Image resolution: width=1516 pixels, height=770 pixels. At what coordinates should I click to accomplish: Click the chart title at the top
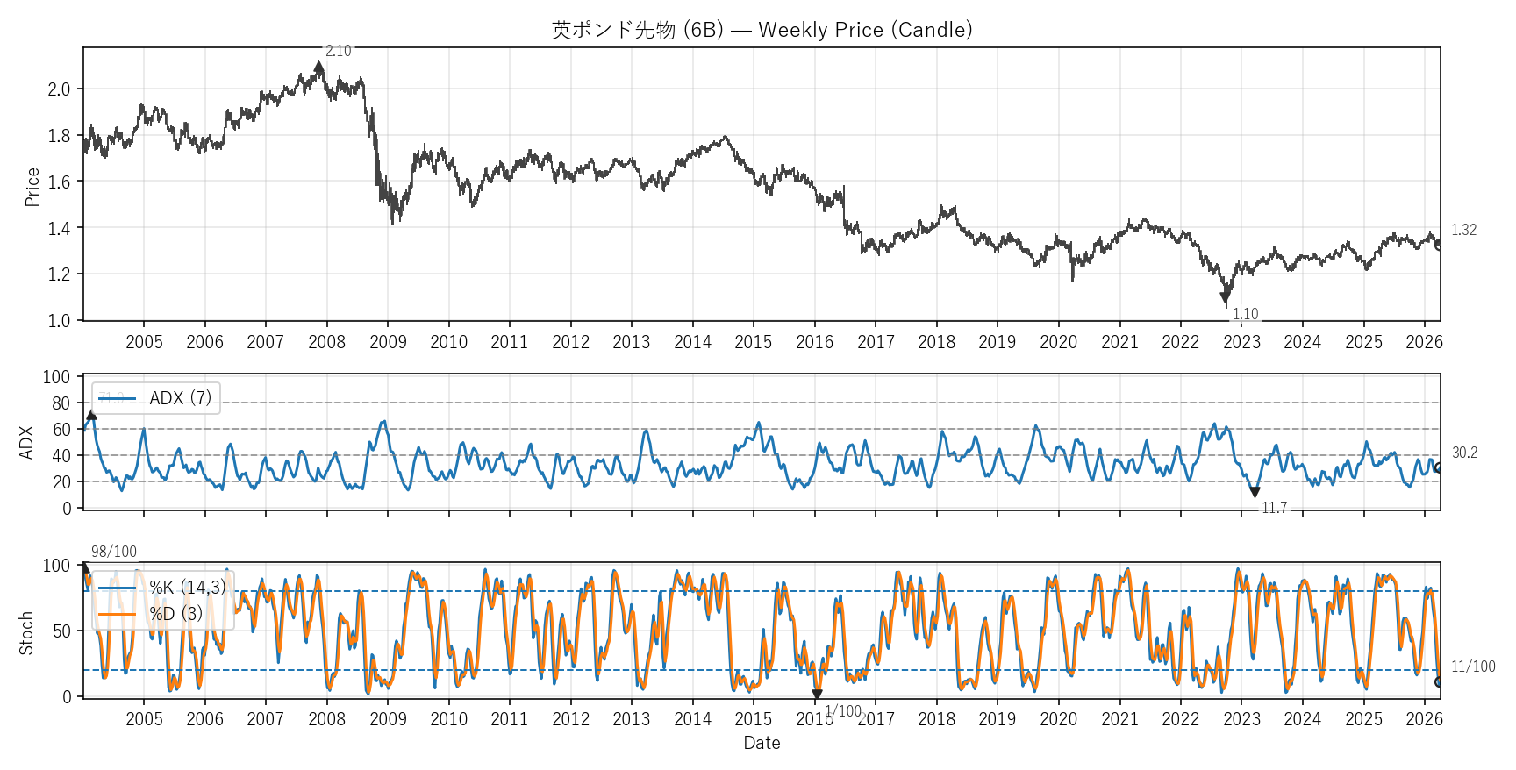click(x=762, y=30)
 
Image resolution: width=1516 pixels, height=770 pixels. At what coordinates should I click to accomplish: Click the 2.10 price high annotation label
click(x=338, y=52)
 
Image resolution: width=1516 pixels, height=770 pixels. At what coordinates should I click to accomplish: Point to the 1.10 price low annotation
click(x=1245, y=314)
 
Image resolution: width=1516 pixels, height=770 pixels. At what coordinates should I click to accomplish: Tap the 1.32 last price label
click(x=1463, y=230)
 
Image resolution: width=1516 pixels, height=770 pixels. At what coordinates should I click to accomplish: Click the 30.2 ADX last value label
click(x=1464, y=453)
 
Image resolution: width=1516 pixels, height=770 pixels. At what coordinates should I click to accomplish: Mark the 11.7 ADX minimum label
click(x=1274, y=508)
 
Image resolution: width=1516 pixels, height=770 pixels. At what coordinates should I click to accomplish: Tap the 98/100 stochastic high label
click(x=114, y=552)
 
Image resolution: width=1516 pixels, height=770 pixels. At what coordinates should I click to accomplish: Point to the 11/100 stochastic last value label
click(x=1473, y=667)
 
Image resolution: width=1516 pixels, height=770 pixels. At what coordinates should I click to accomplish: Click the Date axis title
click(x=762, y=743)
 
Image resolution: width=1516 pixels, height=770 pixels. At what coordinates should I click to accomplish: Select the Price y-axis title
click(x=32, y=187)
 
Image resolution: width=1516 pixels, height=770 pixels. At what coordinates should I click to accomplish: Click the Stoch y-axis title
click(x=26, y=633)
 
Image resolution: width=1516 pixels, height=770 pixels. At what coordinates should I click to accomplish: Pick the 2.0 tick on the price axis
click(x=59, y=89)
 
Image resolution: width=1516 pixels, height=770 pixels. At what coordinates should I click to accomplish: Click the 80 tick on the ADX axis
click(x=61, y=403)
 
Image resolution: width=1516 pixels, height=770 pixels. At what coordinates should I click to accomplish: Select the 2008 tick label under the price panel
click(x=326, y=342)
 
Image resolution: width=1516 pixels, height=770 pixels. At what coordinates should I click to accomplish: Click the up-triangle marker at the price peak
click(x=318, y=66)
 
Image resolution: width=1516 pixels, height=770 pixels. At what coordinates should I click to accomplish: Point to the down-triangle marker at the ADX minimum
click(x=1255, y=492)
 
